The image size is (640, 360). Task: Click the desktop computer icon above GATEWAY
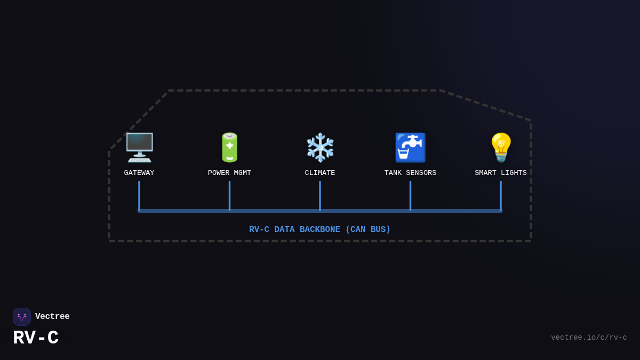tap(139, 147)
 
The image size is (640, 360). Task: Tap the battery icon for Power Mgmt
tap(229, 147)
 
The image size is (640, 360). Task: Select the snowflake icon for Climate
tap(320, 147)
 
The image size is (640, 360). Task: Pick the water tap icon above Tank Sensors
tap(410, 147)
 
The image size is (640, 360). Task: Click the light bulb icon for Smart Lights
tap(501, 147)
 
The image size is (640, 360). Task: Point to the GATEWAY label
tap(139, 173)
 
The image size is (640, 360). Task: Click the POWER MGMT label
tap(229, 173)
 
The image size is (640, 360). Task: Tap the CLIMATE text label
tap(320, 173)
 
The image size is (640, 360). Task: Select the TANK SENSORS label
tap(410, 173)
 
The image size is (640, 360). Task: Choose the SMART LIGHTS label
tap(501, 173)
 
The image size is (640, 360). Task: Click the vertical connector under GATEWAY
tap(139, 195)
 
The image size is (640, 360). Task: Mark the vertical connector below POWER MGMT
tap(229, 195)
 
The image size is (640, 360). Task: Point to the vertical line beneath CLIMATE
tap(320, 195)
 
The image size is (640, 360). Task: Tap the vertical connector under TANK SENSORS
tap(410, 195)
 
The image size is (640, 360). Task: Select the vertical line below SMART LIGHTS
tap(501, 195)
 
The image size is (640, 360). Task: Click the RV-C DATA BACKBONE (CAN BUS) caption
tap(320, 230)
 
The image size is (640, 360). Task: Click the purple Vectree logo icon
tap(22, 317)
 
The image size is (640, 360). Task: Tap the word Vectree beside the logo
tap(52, 317)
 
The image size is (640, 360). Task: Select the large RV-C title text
tap(36, 338)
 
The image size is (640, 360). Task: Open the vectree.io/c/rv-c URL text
tap(589, 338)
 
